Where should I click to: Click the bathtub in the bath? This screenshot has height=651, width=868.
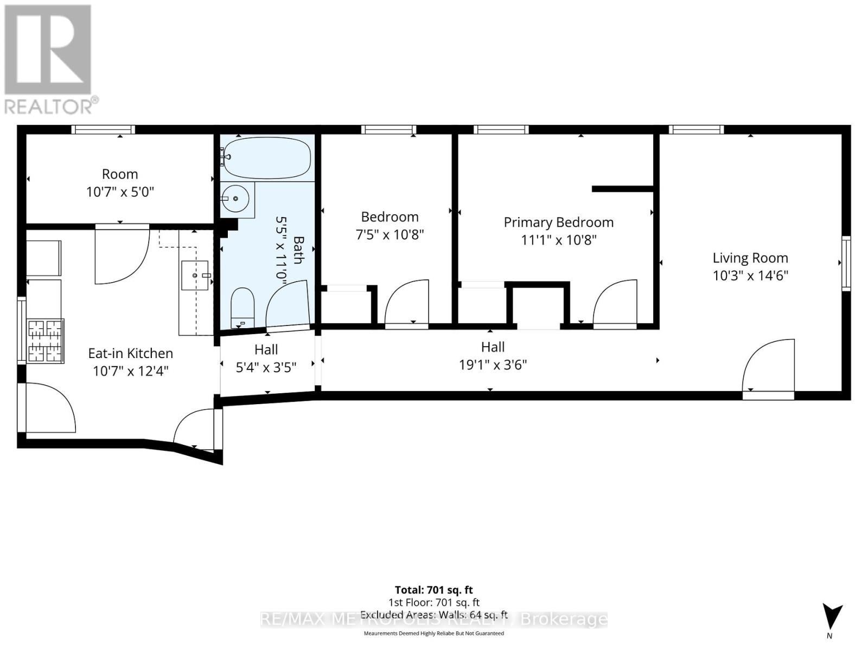point(267,158)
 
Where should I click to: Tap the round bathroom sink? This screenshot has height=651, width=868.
point(237,199)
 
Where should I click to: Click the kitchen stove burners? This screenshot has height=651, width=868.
point(46,341)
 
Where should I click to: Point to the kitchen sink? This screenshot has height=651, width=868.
point(194,275)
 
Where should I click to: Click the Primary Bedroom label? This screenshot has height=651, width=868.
point(558,222)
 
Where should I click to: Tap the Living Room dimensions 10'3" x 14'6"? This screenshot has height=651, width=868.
point(750,276)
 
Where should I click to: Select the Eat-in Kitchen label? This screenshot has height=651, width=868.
point(130,353)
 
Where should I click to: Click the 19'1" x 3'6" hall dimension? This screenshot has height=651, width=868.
point(493,365)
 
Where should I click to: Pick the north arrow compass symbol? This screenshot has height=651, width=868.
point(830,618)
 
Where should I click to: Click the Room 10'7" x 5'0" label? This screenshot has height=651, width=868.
point(120,183)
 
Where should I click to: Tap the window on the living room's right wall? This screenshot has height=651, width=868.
point(846,263)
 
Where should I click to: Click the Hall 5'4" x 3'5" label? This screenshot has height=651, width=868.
point(266,359)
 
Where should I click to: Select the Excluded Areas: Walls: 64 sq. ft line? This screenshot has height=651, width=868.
point(433,615)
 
